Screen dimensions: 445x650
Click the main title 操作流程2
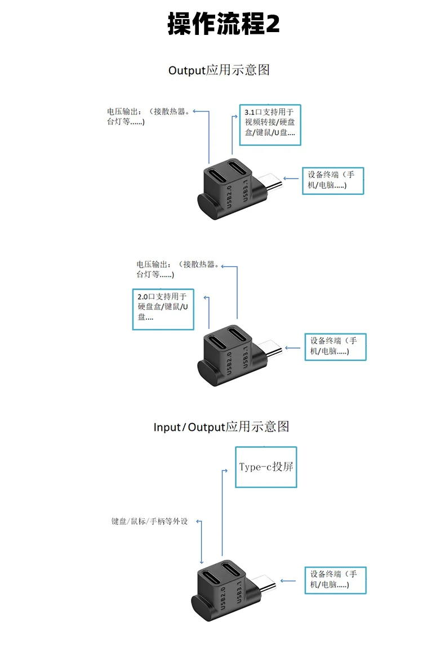(x=224, y=23)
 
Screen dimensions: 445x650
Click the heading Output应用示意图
(x=219, y=70)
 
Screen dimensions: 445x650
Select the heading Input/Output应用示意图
(x=221, y=426)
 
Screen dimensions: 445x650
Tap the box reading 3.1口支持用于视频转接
(x=270, y=125)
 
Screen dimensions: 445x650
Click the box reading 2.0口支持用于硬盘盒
(x=163, y=309)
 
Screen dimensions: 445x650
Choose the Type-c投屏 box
(x=266, y=467)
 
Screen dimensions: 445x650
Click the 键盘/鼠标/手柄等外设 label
(x=149, y=521)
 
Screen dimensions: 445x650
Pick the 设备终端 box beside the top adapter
(x=333, y=181)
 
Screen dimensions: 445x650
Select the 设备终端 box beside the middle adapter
(x=336, y=347)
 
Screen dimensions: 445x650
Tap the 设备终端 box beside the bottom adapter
(x=336, y=580)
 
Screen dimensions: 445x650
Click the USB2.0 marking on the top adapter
(x=229, y=197)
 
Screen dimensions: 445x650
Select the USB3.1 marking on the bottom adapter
(x=239, y=591)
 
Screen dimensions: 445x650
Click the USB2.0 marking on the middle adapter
(x=229, y=363)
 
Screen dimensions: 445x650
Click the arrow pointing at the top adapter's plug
(x=291, y=179)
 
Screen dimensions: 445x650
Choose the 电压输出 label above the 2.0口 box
(x=178, y=269)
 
